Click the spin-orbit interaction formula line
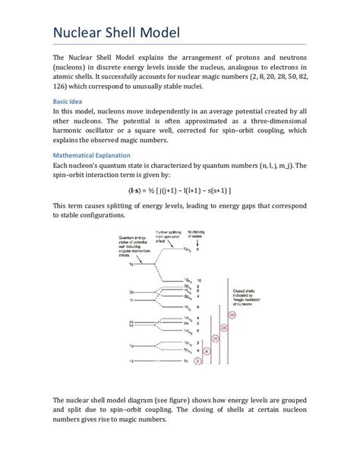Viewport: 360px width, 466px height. (179, 189)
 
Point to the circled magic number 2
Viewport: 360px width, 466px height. (197, 361)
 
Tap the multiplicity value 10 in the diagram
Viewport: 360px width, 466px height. (199, 280)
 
